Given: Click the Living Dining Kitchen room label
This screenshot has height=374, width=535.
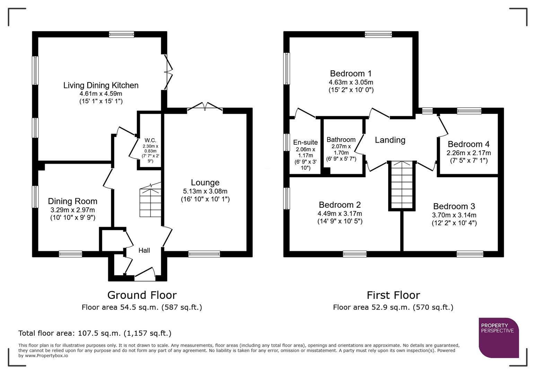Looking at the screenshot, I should coord(101,85).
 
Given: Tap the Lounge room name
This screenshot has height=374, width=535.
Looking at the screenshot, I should coord(205,182).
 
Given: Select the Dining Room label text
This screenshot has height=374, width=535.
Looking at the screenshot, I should coord(72,201).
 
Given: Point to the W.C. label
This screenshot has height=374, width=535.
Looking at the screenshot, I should coord(150,140).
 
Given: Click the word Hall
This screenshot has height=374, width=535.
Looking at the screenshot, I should coord(144,250).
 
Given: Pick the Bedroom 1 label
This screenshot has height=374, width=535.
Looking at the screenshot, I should coord(351,73).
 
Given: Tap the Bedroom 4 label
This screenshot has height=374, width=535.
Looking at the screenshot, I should coord(468,144).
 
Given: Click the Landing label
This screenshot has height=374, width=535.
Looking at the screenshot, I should coord(390,140).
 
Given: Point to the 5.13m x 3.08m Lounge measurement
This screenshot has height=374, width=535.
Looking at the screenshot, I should coord(205,191).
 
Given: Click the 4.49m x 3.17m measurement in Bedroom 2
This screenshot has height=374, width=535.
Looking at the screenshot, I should coord(340,214).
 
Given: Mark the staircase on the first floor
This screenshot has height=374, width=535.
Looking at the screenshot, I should coord(402,185).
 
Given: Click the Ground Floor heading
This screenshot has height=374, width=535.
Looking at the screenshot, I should coord(142,295).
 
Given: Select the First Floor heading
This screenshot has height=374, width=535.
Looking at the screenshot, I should coord(393,295).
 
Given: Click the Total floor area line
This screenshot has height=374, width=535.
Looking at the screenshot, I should coord(95,333).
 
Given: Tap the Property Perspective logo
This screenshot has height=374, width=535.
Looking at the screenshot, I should coord(499,338).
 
